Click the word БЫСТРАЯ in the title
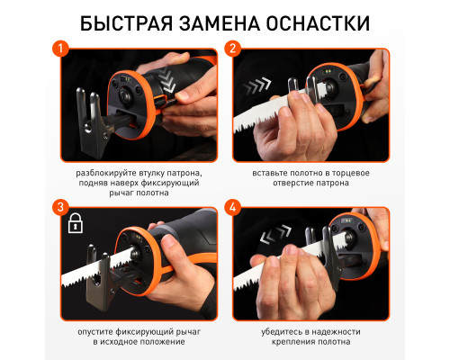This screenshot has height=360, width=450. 126,23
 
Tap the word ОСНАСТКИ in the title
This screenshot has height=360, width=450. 318,23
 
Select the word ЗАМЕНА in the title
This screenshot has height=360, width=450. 220,23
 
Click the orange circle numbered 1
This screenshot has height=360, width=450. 60,49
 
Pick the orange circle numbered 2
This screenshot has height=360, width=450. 232,49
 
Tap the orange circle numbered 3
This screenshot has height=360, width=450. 60,207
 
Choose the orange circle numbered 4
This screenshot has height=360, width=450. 232,207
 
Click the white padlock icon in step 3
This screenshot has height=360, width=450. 76,223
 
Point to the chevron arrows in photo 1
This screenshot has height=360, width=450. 166,79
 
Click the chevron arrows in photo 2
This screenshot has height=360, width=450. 257,85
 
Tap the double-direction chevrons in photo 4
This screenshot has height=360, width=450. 275,234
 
